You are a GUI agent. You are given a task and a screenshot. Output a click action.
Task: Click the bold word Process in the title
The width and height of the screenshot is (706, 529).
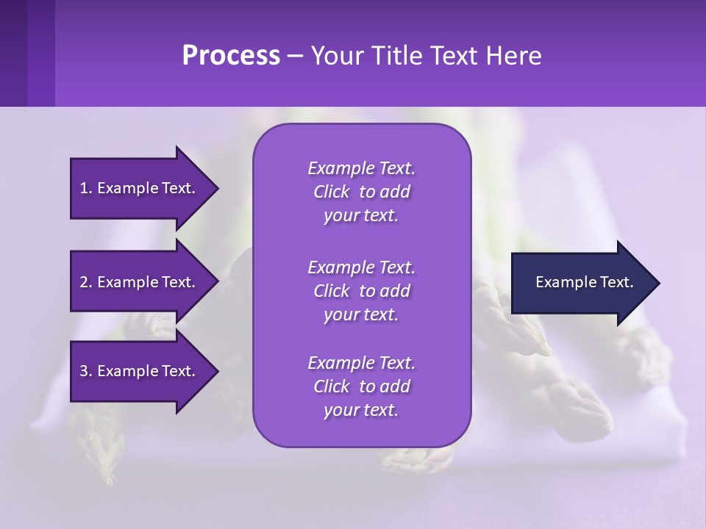[231, 56]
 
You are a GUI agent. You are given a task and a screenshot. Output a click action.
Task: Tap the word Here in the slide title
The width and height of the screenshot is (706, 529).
[515, 56]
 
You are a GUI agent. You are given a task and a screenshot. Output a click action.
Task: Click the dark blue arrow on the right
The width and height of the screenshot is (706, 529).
[581, 283]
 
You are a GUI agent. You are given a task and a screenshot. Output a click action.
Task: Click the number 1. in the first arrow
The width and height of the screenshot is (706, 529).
[86, 188]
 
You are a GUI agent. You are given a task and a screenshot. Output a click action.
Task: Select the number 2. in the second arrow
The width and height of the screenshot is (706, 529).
[86, 282]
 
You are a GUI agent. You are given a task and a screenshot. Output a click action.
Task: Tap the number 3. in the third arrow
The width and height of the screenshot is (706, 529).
[86, 371]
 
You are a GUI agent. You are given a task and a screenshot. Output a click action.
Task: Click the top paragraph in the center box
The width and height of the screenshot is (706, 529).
[361, 192]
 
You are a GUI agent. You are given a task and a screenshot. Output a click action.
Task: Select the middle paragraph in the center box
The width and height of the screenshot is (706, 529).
[361, 290]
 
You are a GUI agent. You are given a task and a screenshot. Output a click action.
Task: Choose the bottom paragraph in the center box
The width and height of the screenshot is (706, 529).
[361, 386]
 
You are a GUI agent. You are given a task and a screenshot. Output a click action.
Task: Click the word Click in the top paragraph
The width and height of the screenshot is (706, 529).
[331, 192]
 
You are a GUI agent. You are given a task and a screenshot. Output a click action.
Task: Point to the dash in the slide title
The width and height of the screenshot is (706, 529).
[295, 57]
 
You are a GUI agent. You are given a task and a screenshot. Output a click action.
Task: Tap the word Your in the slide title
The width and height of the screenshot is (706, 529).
[335, 56]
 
